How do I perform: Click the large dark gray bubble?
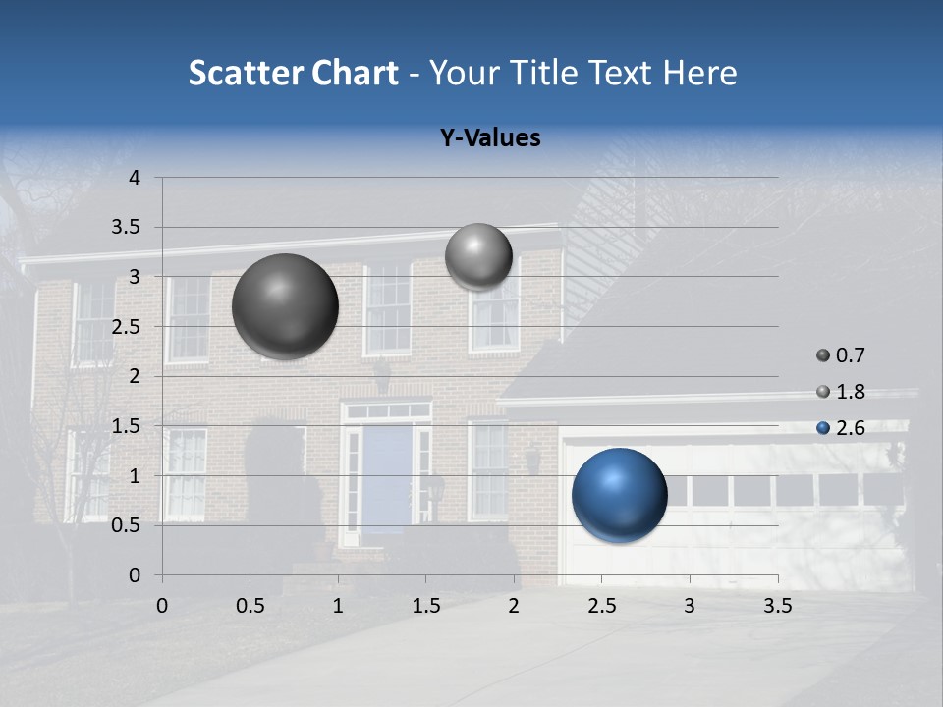click(x=285, y=306)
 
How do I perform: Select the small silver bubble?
click(x=478, y=256)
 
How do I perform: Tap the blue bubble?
click(x=620, y=495)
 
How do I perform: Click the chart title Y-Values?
click(x=490, y=138)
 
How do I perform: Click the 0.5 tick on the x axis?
click(x=250, y=606)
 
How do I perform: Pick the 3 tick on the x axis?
click(x=690, y=606)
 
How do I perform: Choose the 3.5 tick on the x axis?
click(x=777, y=606)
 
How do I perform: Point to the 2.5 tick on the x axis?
click(x=601, y=606)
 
